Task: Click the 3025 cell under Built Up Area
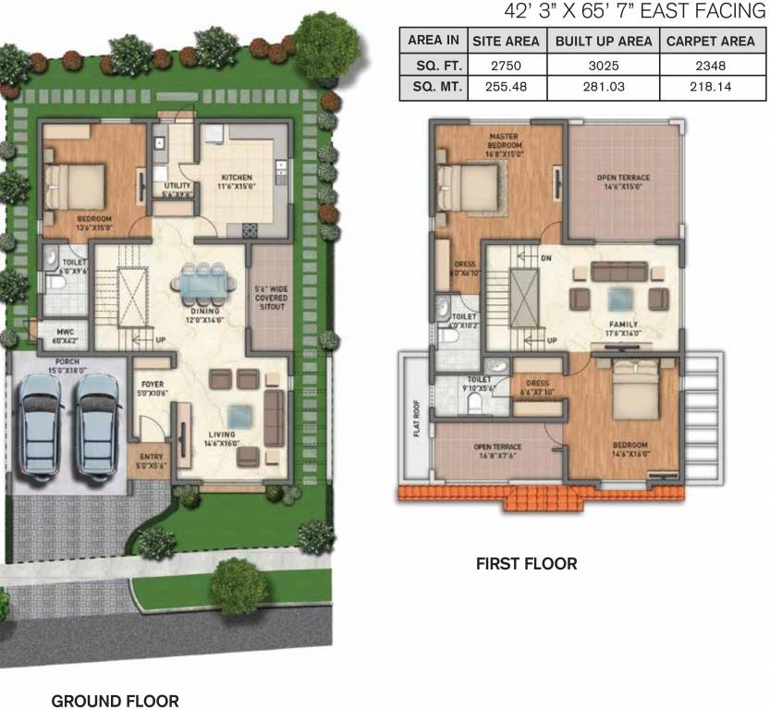tap(604, 65)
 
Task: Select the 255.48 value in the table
tap(507, 88)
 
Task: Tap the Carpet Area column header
tap(711, 41)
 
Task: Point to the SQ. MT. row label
tap(433, 88)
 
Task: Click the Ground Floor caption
tap(115, 701)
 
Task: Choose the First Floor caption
tap(526, 563)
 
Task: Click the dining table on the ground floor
tap(202, 283)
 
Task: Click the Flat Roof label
tap(417, 421)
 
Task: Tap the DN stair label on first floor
tap(546, 258)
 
